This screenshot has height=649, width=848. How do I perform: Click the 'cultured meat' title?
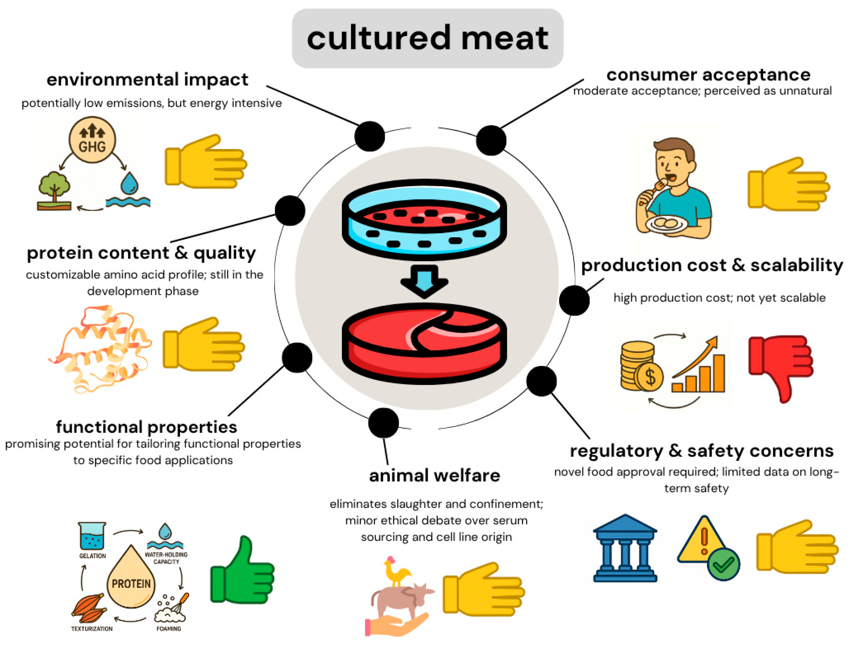pyautogui.click(x=427, y=38)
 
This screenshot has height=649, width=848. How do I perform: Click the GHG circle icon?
pyautogui.click(x=92, y=140)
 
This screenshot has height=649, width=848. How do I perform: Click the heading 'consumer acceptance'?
pyautogui.click(x=708, y=75)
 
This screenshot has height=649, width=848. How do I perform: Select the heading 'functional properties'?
pyautogui.click(x=146, y=427)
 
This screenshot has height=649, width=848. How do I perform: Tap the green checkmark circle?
pyautogui.click(x=723, y=564)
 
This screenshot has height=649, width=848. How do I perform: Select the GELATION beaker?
pyautogui.click(x=92, y=536)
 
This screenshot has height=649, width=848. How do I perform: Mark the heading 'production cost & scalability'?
pyautogui.click(x=712, y=265)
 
